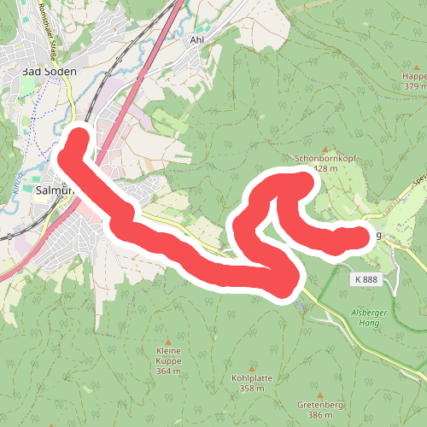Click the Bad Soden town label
pos(49,73)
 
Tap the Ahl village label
pos(197,39)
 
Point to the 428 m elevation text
pos(326,169)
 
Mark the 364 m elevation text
pos(169,371)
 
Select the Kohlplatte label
pos(250,377)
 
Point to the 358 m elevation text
pos(251,389)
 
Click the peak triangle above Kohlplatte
pos(251,365)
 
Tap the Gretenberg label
pos(322,404)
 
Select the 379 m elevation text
pos(414,86)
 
